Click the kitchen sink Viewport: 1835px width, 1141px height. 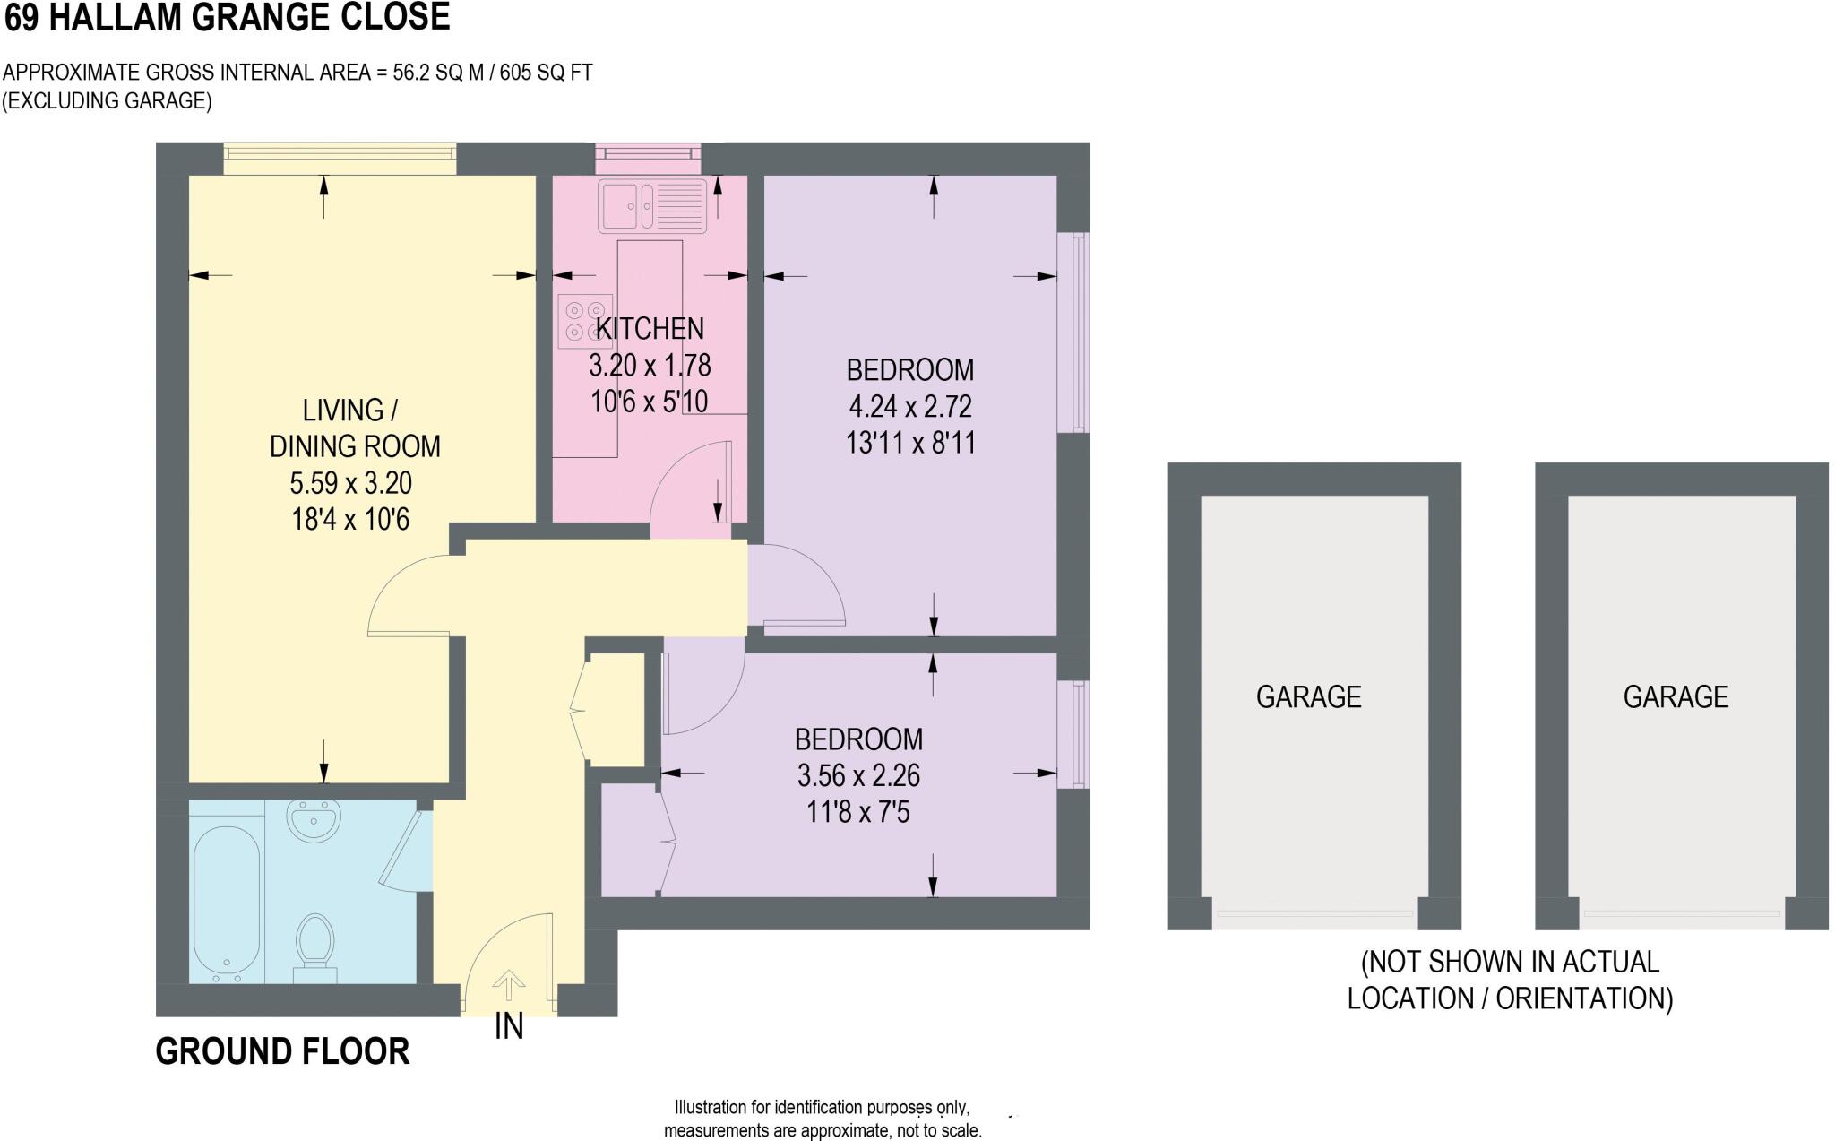(653, 206)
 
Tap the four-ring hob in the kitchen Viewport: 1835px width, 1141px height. (584, 321)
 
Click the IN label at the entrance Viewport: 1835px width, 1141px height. (509, 1027)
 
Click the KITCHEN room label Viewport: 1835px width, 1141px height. (650, 329)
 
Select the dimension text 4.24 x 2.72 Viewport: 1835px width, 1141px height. (909, 407)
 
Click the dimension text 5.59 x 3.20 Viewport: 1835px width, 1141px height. (350, 483)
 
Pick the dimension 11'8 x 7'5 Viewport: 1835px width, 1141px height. (857, 813)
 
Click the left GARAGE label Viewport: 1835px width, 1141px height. (1308, 697)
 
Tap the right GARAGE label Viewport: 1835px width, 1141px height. (1676, 697)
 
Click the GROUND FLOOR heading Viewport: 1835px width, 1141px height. (282, 1051)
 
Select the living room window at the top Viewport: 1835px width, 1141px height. (340, 159)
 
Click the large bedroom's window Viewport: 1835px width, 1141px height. (1073, 333)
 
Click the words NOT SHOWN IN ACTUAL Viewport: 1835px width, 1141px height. (1510, 962)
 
